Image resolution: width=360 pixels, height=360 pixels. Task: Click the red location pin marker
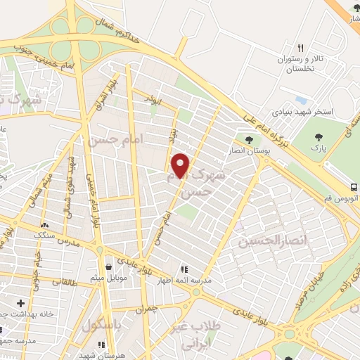point(181,165)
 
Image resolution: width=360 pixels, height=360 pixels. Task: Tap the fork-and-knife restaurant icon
point(300,48)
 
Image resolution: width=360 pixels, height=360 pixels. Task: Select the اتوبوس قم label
point(344,198)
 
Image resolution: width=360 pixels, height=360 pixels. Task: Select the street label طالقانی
point(65,282)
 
